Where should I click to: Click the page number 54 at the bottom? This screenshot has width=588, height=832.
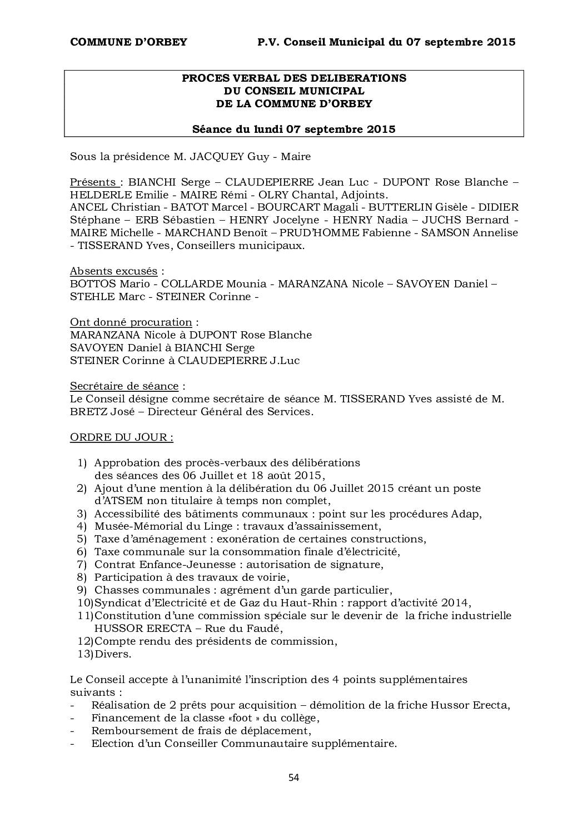(294, 778)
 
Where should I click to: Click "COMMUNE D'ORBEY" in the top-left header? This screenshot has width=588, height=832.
(128, 42)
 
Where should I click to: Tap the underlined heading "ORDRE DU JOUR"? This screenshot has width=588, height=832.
(121, 437)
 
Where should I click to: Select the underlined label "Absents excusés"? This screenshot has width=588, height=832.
(114, 271)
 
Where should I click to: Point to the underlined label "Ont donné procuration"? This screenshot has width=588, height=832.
(131, 322)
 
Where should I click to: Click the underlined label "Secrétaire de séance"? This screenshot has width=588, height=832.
(124, 386)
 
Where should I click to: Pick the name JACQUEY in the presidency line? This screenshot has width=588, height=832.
(217, 157)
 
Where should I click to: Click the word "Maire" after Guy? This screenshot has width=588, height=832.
(296, 157)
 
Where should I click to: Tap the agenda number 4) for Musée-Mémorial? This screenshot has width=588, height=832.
(82, 526)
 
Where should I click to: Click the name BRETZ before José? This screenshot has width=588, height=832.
(86, 412)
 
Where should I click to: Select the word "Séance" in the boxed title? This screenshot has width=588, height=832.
(212, 129)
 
